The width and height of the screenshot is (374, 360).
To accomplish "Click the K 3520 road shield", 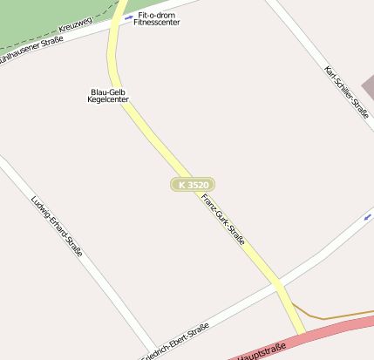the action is (x=192, y=185).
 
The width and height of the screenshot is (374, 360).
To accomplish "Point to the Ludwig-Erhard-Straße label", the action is (x=57, y=226).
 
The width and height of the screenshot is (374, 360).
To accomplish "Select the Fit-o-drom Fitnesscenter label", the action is (x=158, y=18).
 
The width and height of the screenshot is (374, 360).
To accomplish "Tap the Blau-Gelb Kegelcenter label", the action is (x=108, y=96).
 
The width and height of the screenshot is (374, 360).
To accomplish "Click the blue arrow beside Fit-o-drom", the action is (x=128, y=16).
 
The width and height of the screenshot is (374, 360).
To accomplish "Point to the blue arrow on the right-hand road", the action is (x=368, y=216).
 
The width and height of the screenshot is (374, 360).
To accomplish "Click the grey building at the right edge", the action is (x=369, y=85).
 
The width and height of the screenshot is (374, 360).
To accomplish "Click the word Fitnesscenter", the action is (x=158, y=23).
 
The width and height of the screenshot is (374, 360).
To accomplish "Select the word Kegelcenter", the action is (x=108, y=100).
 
